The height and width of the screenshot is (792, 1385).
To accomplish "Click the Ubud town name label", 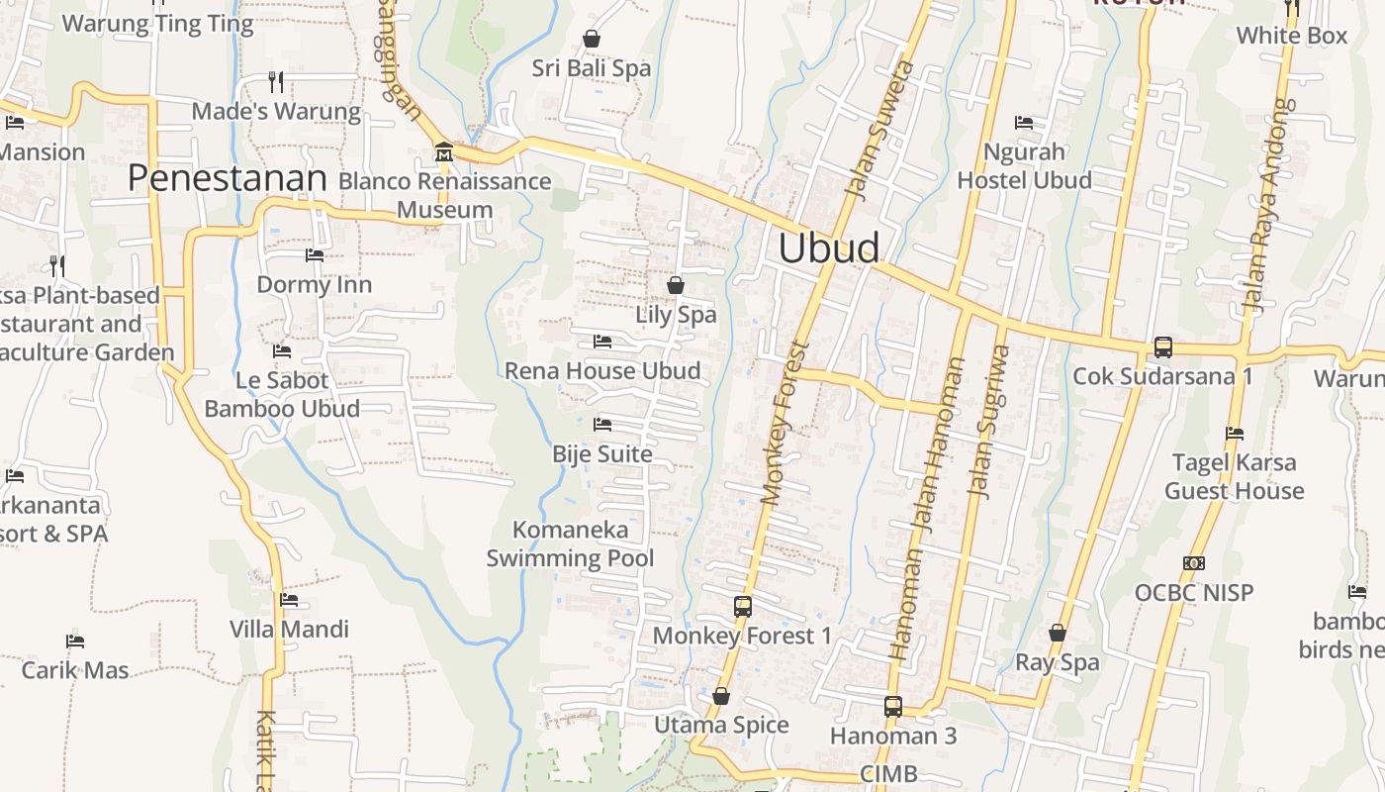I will (828, 247).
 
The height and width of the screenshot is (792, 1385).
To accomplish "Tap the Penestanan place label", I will (227, 178).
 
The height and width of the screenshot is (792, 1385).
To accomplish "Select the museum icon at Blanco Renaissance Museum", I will (444, 152).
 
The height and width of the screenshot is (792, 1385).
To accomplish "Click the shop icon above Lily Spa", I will (676, 285).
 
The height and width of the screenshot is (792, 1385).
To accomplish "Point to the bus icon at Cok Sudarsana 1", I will (1162, 347).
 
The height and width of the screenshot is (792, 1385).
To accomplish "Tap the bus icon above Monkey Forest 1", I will (742, 606).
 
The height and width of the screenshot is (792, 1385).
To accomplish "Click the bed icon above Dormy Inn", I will (315, 255).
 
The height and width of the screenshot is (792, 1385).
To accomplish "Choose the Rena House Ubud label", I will (602, 371).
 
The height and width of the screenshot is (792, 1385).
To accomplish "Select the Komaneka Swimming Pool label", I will (570, 544).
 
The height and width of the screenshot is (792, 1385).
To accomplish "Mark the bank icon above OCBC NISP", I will (1194, 563).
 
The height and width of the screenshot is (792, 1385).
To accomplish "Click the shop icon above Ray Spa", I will (1058, 632).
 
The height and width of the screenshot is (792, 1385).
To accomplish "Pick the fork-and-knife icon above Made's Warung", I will (276, 81).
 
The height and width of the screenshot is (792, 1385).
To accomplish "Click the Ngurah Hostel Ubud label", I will (1024, 166).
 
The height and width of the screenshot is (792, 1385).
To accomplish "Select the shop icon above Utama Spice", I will (721, 696).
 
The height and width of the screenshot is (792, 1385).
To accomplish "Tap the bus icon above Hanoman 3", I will (892, 707).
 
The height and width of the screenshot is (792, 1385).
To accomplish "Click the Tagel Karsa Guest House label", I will (1234, 476).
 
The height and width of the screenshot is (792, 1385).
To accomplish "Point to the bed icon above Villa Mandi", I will (289, 600).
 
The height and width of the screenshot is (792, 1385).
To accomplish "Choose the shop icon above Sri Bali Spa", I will (592, 39).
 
